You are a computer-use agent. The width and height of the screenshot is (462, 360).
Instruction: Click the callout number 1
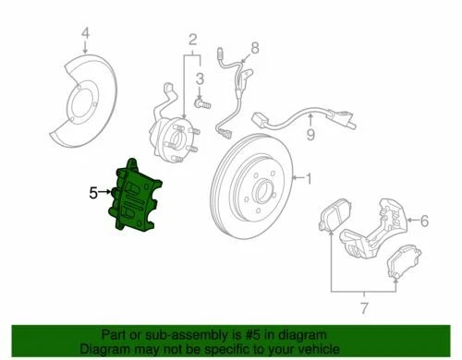tap(309, 177)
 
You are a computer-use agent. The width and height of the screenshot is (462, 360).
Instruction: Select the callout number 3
tap(200, 86)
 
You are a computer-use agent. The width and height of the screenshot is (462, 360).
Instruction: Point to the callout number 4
tap(85, 37)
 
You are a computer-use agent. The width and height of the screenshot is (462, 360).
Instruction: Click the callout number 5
tap(93, 193)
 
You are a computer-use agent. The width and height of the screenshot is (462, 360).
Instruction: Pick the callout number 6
tap(424, 221)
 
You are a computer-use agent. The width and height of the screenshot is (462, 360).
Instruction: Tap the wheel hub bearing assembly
tap(175, 136)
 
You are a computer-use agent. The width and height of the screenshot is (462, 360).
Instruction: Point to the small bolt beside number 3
tap(201, 107)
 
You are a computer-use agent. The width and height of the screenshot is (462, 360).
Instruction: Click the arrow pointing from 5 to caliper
tap(107, 193)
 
